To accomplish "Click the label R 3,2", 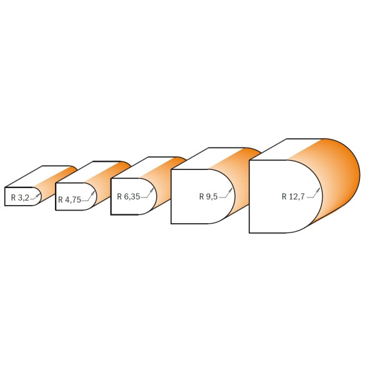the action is tap(20, 197).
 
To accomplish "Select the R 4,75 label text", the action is tap(69, 199).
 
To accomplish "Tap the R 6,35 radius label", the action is tap(128, 196).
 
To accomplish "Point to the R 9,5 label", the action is tap(208, 196).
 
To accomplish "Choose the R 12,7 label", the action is tap(293, 196).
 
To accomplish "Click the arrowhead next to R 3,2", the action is tap(38, 194).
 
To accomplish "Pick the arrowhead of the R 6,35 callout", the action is tap(152, 190).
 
